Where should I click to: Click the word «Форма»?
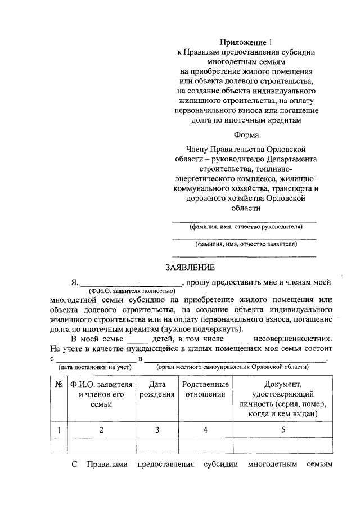[x=246, y=134]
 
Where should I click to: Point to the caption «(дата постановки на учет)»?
[x=94, y=367]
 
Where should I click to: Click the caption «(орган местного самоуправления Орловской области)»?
[x=232, y=367]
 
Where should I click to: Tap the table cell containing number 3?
[x=157, y=430]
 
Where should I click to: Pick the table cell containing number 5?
[x=283, y=430]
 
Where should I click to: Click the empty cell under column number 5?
[x=283, y=446]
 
